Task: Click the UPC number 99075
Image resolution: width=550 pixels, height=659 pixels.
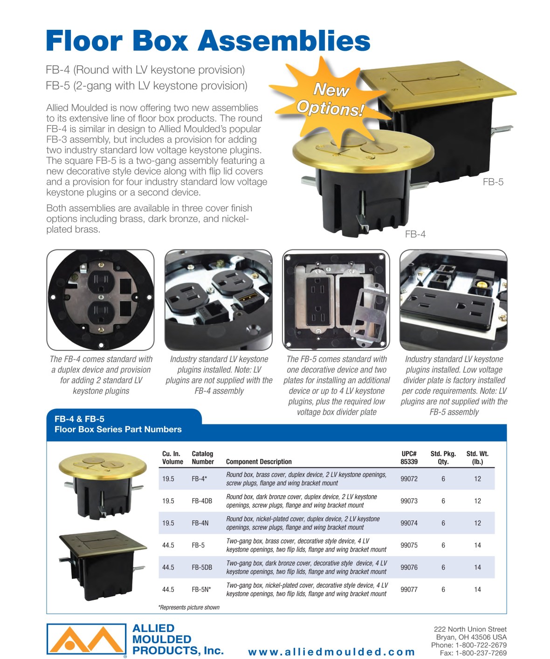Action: click(409, 545)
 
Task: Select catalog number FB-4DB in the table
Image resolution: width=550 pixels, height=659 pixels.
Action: click(202, 501)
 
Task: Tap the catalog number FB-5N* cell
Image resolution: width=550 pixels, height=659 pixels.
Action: click(201, 589)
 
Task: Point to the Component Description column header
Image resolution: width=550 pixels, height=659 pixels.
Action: click(259, 461)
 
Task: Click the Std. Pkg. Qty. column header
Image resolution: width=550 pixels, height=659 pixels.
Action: click(443, 457)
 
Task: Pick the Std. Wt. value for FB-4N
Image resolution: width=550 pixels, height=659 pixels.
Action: click(477, 523)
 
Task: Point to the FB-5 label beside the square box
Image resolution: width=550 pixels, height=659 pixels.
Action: click(493, 182)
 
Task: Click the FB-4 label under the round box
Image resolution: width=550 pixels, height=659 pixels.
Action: click(415, 234)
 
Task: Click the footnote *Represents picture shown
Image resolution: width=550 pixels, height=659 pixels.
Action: click(189, 607)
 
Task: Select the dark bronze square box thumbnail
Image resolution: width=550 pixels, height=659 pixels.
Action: click(103, 565)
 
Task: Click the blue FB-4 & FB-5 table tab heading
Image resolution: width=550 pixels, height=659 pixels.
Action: click(118, 424)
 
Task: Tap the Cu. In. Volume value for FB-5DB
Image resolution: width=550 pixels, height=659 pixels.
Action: click(168, 567)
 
